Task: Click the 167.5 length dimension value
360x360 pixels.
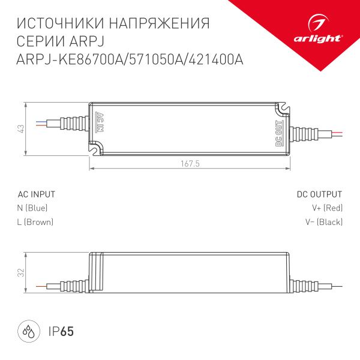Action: coord(190,163)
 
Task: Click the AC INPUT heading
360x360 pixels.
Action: coord(37,194)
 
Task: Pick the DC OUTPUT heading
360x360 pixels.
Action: coord(319,194)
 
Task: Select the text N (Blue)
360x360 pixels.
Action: coord(32,208)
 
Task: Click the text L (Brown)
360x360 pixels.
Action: coord(35,222)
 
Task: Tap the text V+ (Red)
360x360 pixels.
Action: coord(327,208)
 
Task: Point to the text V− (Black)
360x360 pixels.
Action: coord(323,222)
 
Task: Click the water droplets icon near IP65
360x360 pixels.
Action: coord(28,331)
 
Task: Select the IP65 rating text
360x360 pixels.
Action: coord(61,331)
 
